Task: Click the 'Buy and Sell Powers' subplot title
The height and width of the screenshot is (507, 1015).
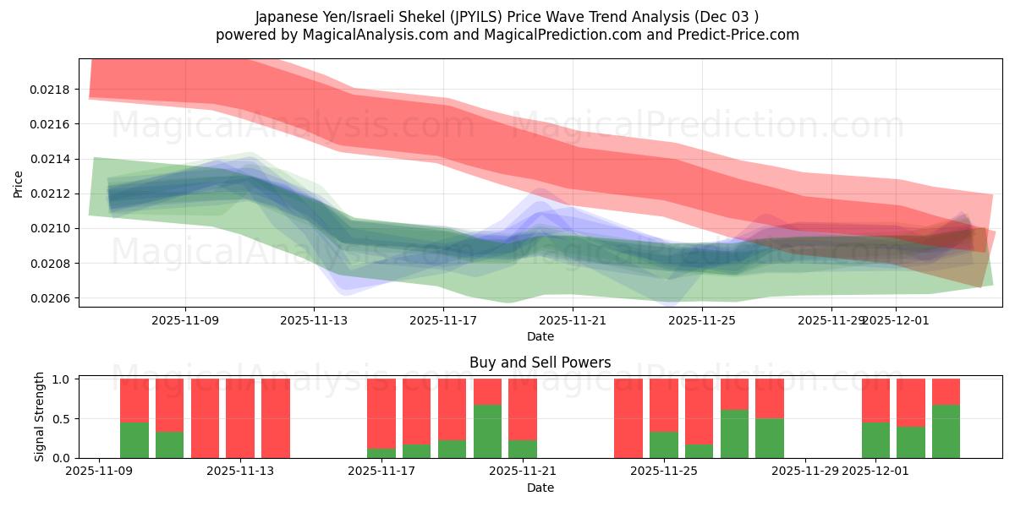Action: coord(540,363)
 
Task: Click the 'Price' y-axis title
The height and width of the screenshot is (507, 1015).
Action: coord(19,183)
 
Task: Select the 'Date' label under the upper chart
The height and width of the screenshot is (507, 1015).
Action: coord(540,336)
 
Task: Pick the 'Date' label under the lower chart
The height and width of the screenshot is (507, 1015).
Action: coord(540,488)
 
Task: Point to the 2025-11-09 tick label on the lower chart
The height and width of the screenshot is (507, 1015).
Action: coord(100,471)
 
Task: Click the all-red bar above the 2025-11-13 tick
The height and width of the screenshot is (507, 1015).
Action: coord(240,418)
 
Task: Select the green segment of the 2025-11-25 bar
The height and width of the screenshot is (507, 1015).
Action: coord(664,445)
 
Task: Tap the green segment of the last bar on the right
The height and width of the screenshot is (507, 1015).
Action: coord(946,432)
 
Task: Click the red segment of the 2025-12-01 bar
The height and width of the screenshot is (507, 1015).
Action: coord(875,400)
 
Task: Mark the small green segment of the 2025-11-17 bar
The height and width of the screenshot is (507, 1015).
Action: coord(381,454)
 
